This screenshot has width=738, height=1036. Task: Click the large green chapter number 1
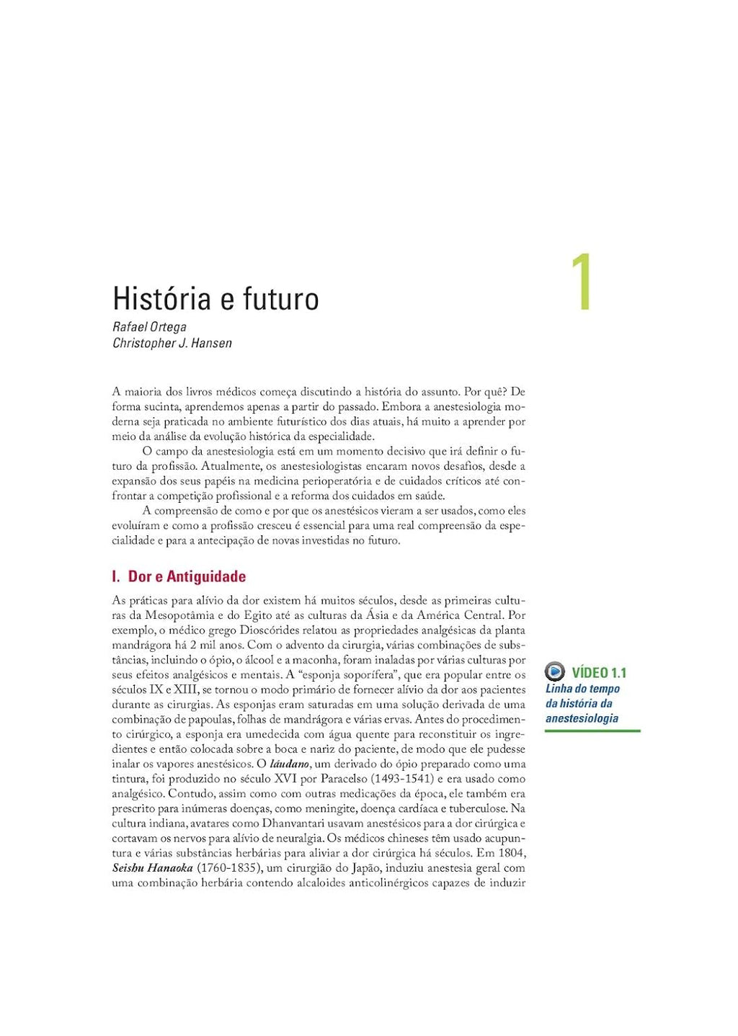point(581,282)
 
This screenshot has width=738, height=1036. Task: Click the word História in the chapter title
point(161,298)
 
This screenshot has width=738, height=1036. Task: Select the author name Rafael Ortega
point(149,327)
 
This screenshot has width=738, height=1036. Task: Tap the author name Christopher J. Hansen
point(172,343)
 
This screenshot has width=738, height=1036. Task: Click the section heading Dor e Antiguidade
point(187,576)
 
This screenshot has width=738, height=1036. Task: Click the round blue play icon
point(554,672)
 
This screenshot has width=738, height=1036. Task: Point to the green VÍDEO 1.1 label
point(599,673)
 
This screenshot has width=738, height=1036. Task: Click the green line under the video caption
point(592,731)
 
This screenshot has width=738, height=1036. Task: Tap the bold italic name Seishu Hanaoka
point(153,868)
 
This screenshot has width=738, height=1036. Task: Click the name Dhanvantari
point(299,823)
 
